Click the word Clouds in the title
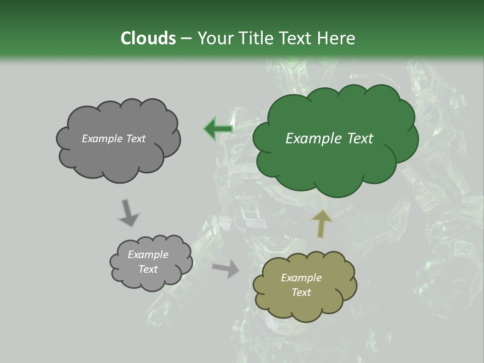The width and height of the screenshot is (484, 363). (148, 38)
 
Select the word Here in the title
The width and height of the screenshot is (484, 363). (336, 38)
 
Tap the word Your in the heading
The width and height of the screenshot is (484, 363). (215, 38)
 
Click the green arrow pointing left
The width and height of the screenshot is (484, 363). (218, 129)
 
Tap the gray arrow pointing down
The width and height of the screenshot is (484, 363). (128, 213)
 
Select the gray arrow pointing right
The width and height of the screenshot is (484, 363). (226, 269)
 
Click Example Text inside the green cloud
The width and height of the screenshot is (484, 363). (329, 139)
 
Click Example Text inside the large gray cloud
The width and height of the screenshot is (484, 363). (113, 139)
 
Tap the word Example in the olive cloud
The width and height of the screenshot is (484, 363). (301, 278)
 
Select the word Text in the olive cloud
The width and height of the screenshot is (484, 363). (301, 292)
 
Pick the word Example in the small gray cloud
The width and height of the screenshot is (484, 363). (148, 255)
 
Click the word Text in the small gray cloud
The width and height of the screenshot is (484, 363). (148, 269)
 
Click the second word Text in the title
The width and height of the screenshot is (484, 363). (298, 38)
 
